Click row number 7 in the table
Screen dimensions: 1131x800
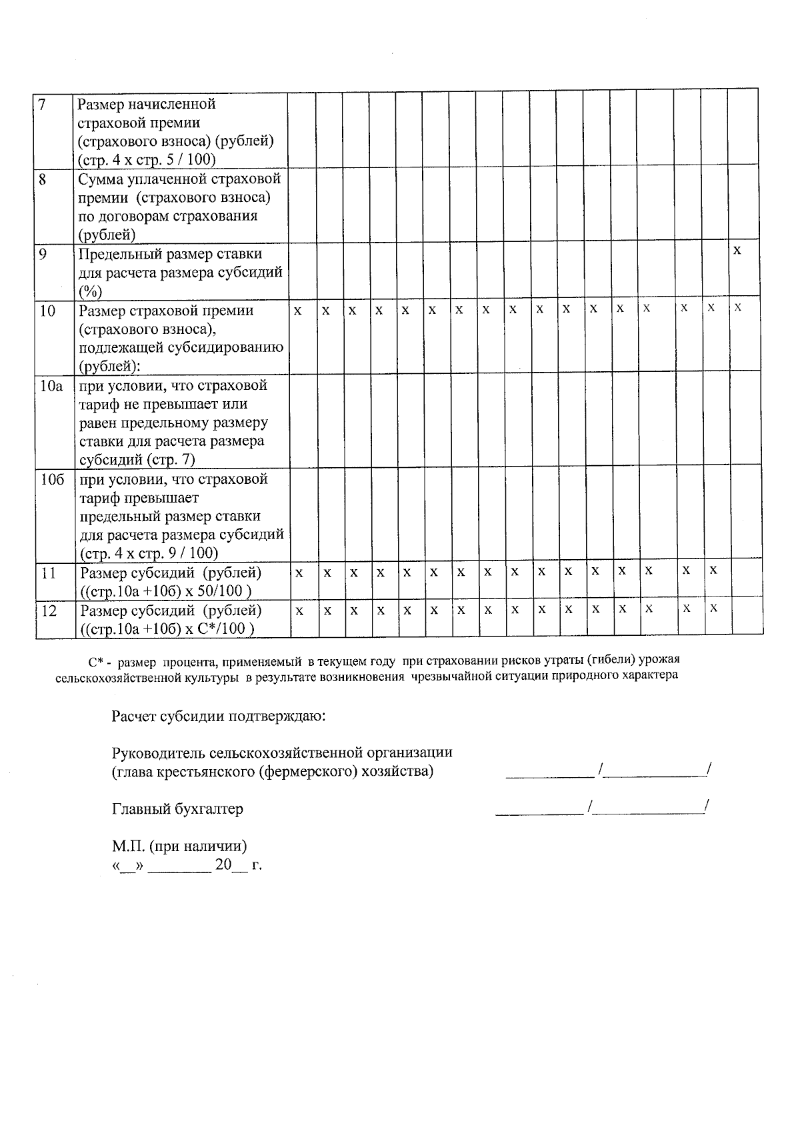pyautogui.click(x=42, y=105)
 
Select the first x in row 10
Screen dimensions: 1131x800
pyautogui.click(x=298, y=311)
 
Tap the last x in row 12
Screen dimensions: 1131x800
pyautogui.click(x=713, y=608)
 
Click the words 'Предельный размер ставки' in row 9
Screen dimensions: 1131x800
pyautogui.click(x=170, y=254)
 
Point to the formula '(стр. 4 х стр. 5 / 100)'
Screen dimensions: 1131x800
pyautogui.click(x=147, y=160)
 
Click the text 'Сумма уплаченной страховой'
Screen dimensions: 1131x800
pyautogui.click(x=179, y=179)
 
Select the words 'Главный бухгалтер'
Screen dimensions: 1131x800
pyautogui.click(x=177, y=809)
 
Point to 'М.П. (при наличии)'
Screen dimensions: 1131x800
pyautogui.click(x=179, y=846)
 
